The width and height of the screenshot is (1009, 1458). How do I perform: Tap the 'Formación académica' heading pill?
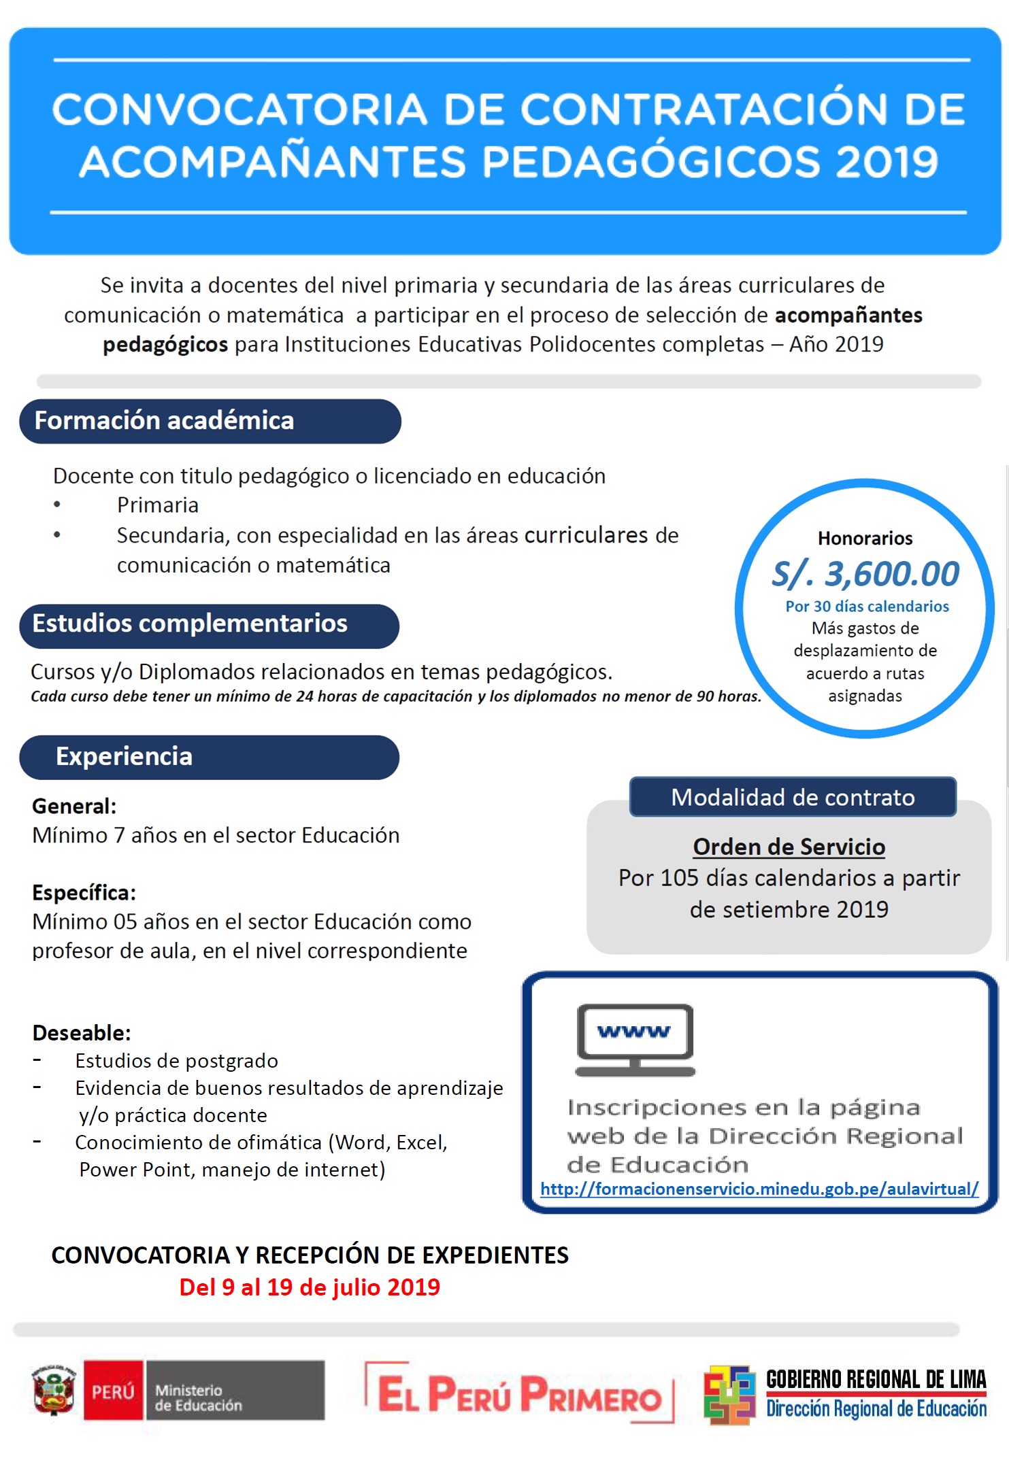pos(210,421)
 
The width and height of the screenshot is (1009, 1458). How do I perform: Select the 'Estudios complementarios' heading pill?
pos(209,625)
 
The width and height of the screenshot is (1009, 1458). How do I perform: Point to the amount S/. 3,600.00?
pos(865,574)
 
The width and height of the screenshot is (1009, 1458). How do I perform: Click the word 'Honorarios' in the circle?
pos(865,539)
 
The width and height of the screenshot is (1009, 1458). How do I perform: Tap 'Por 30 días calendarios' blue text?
pos(867,606)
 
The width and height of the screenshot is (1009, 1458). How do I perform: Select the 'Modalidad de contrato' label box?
pos(793,797)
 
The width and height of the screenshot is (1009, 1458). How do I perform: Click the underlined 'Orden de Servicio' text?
pos(789,847)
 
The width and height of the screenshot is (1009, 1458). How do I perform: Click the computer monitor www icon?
pos(635,1039)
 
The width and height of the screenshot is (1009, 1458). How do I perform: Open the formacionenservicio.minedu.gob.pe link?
pos(759,1189)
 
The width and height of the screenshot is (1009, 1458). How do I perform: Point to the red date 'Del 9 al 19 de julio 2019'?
pos(310,1287)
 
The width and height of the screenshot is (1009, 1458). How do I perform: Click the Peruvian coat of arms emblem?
pos(54,1390)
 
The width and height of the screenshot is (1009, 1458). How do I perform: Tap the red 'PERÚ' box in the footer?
pos(113,1391)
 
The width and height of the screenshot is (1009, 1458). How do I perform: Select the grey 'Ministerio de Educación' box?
pos(235,1391)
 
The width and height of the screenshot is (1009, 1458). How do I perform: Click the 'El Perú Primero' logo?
pos(519,1392)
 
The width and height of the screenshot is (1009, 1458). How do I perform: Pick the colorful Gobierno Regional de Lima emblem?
pos(729,1394)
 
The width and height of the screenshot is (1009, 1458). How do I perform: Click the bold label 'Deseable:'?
pos(82,1033)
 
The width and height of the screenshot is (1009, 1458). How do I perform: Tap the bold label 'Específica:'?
pos(84,892)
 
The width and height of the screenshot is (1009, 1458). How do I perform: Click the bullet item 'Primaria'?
pos(158,505)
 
